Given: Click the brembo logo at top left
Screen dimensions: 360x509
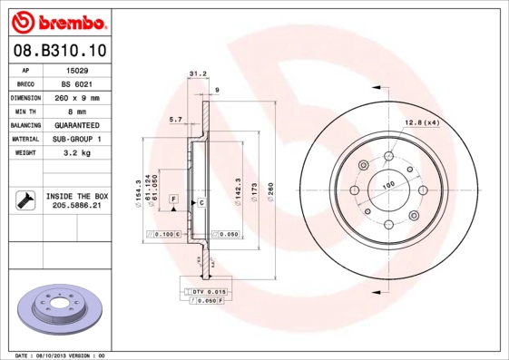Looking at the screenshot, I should point(55,20).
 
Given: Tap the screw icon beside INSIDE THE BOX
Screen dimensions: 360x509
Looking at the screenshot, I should point(25,200).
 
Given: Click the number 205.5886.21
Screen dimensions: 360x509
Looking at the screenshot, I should point(76,206).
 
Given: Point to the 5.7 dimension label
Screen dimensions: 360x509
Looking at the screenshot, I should point(175,119).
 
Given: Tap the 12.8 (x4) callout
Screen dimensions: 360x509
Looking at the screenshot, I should point(421,122).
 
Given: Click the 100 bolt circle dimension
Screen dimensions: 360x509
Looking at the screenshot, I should point(388,185).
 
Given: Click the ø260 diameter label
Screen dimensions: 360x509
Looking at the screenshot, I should point(271,192).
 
